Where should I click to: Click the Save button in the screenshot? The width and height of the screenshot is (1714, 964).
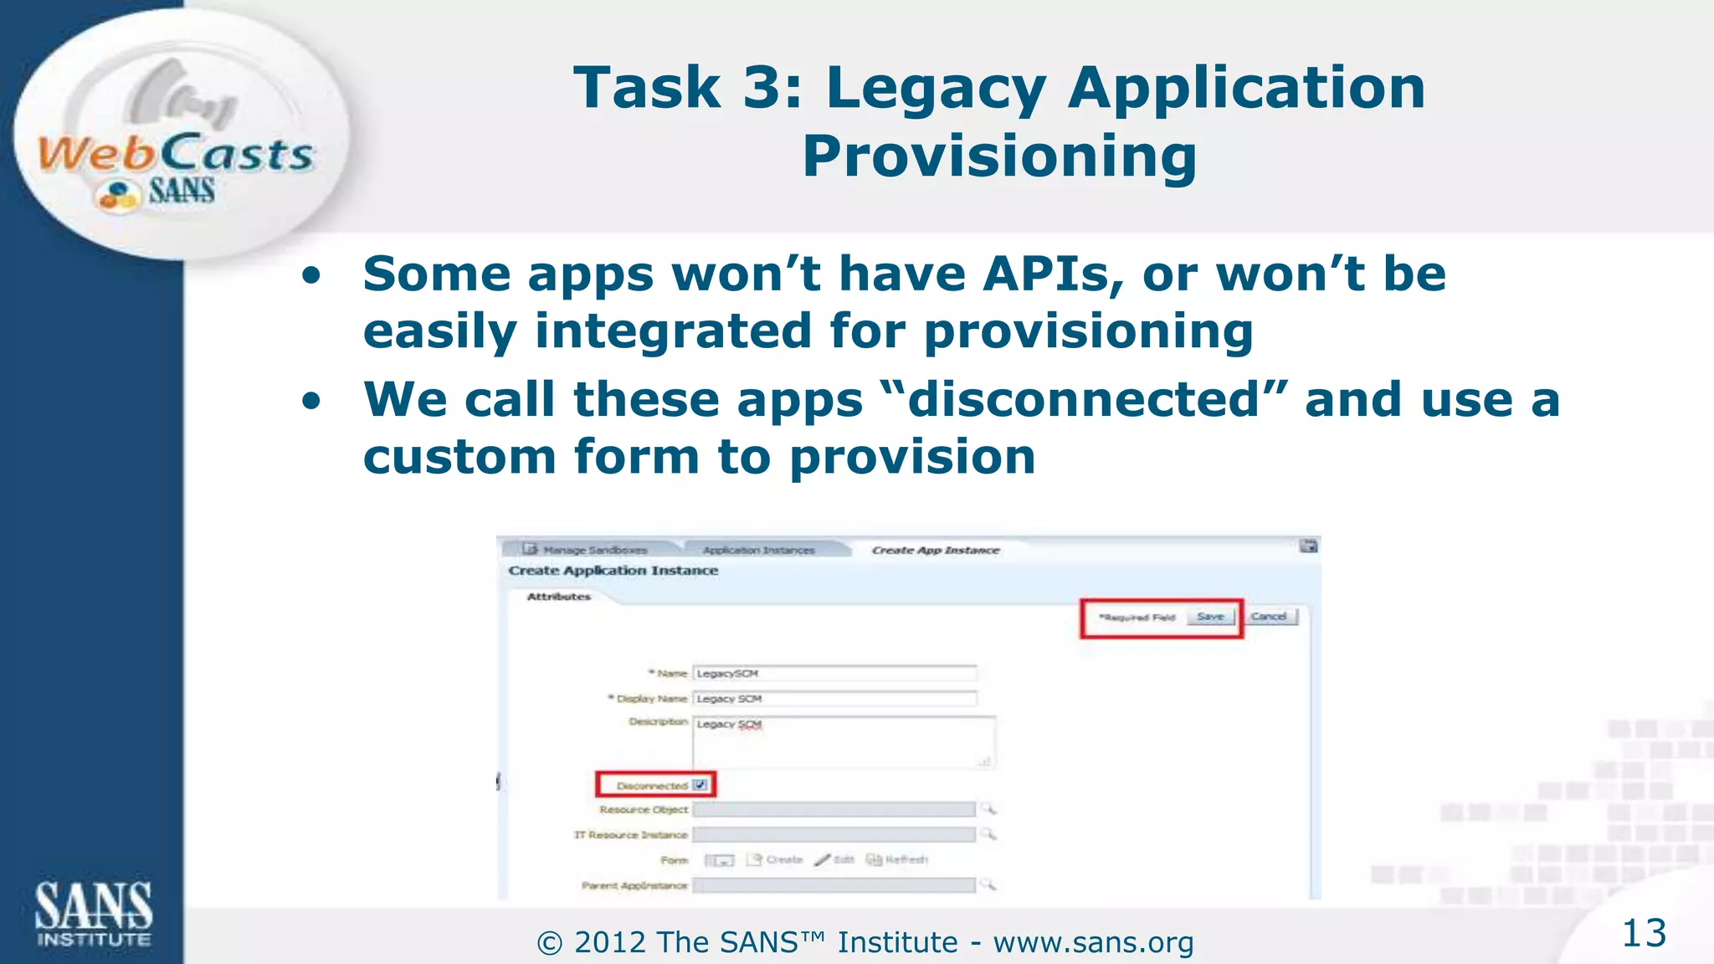(x=1210, y=617)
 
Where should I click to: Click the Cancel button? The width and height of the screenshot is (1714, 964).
(x=1269, y=617)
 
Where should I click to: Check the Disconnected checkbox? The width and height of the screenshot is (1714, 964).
(x=700, y=785)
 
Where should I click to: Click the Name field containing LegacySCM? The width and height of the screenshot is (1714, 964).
(x=834, y=673)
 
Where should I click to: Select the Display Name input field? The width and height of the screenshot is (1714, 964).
(x=834, y=698)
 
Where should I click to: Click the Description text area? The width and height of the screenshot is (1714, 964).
(x=844, y=742)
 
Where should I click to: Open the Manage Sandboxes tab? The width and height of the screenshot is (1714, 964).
(x=594, y=550)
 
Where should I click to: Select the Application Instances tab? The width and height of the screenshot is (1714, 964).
(x=758, y=550)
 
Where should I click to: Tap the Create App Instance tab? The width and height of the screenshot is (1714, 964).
(x=936, y=550)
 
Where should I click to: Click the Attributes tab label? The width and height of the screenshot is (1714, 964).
(x=559, y=597)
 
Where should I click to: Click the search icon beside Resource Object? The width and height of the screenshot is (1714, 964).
(x=988, y=808)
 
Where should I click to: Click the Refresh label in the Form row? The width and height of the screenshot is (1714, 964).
(x=906, y=859)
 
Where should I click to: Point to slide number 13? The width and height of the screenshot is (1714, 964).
(x=1644, y=933)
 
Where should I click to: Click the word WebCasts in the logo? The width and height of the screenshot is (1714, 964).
(x=176, y=154)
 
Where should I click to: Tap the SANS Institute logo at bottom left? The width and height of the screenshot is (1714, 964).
(x=93, y=913)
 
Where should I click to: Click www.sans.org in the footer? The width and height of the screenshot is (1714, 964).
(x=1093, y=942)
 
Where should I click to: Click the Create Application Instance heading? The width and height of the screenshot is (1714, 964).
(x=613, y=571)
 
